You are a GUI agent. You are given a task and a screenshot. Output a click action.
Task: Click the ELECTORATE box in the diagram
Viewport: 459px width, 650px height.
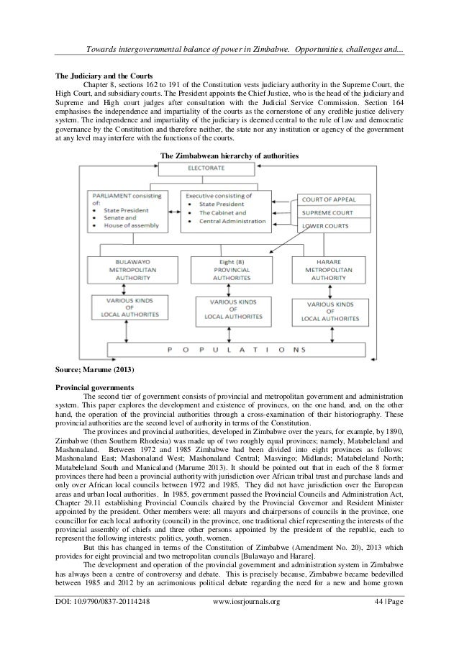pyautogui.click(x=206, y=168)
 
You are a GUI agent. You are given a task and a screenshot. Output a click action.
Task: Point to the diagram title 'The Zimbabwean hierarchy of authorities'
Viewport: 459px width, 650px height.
pyautogui.click(x=228, y=155)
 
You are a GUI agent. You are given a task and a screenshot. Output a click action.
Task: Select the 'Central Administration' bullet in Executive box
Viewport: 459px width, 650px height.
pyautogui.click(x=228, y=223)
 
